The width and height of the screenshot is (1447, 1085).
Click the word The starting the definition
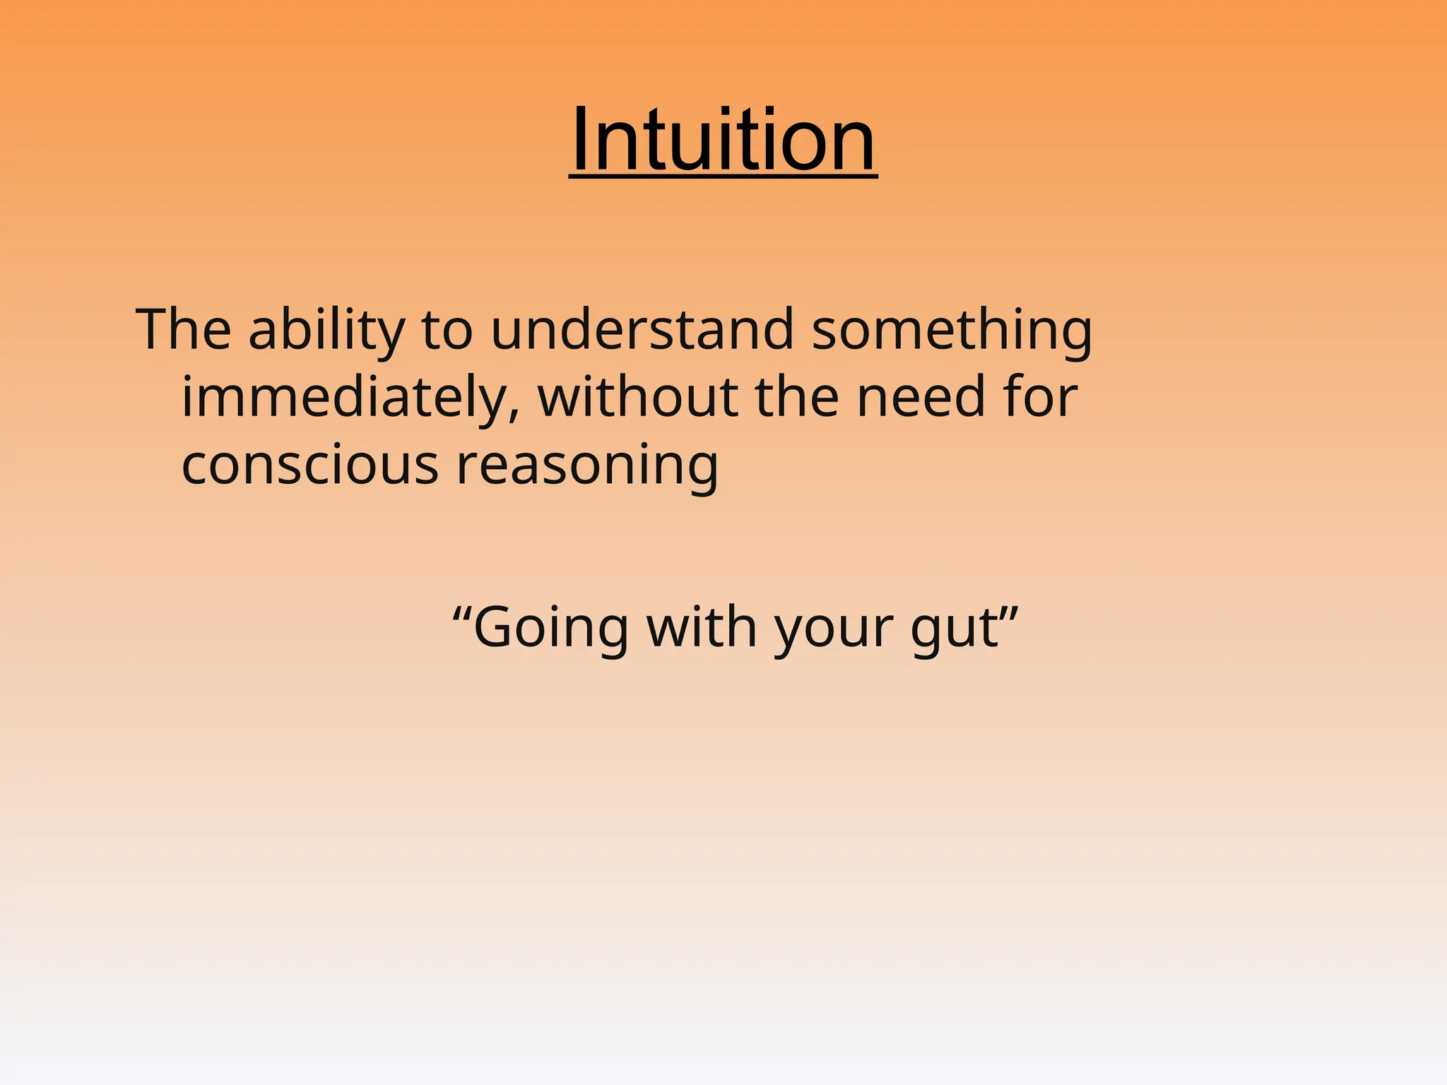[184, 329]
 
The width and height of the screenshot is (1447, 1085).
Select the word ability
[326, 329]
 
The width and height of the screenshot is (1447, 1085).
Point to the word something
[952, 331]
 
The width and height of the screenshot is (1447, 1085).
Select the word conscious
[310, 466]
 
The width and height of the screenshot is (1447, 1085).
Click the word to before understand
[447, 331]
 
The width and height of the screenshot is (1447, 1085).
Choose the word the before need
[797, 397]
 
